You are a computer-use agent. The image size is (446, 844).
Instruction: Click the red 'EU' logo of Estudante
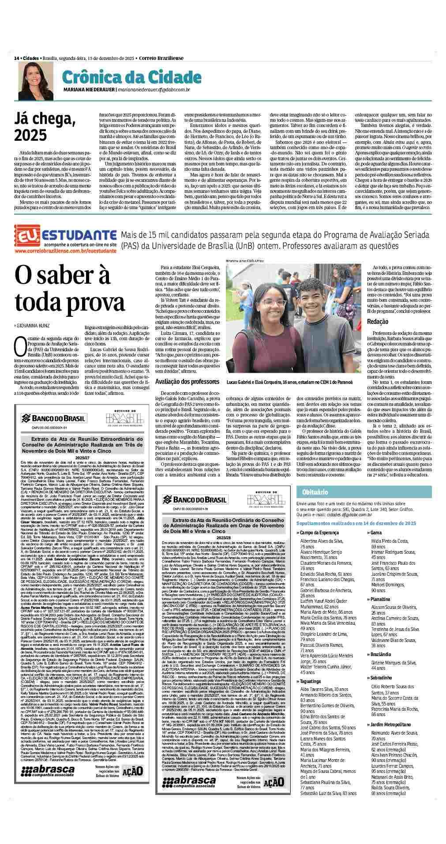pos(27,234)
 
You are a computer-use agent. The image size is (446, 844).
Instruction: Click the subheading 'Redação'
pos(378,322)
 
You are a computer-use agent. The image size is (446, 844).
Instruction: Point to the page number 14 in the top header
pos(16,58)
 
